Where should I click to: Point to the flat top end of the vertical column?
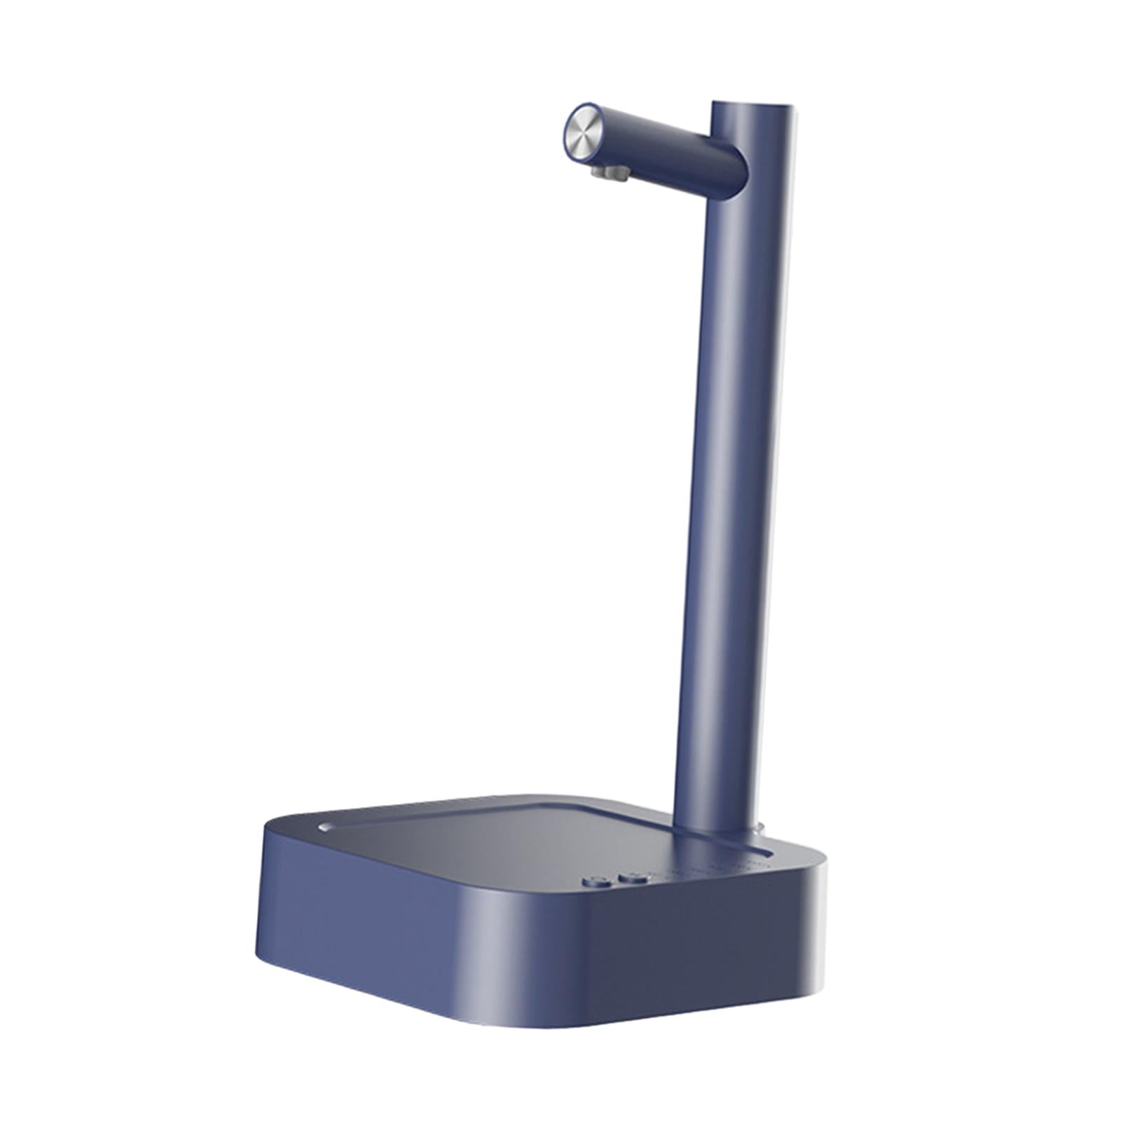pyautogui.click(x=754, y=106)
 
